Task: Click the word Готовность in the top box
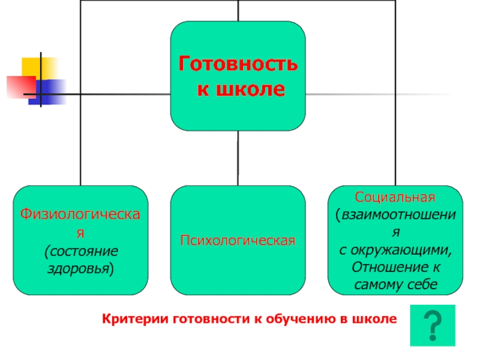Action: (x=238, y=64)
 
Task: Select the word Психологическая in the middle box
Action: (x=238, y=241)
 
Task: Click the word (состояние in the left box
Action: (x=81, y=250)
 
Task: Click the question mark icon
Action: (x=433, y=325)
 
